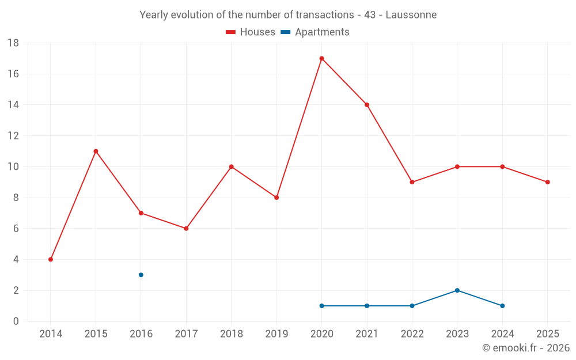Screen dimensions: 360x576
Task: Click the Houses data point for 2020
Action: [x=321, y=58]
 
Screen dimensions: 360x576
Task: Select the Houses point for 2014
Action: [x=51, y=259]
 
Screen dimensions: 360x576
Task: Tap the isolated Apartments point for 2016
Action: [x=141, y=275]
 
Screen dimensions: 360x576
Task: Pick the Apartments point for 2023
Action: [x=457, y=290]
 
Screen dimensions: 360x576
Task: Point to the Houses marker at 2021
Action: [x=367, y=105]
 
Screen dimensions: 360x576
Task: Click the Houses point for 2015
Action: [x=96, y=151]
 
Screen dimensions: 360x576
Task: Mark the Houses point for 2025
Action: [x=548, y=182]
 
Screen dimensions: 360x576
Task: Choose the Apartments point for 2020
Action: [x=321, y=306]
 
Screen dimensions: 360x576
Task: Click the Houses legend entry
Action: [x=251, y=32]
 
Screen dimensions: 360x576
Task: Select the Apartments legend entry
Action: [x=315, y=32]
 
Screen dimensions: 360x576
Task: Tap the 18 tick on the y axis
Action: [x=13, y=43]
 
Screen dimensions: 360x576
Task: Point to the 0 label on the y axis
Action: [x=16, y=321]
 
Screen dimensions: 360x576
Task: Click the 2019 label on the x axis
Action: [x=276, y=334]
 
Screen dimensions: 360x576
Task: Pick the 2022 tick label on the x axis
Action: [x=412, y=334]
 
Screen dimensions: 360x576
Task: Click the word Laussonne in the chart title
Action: [x=411, y=14]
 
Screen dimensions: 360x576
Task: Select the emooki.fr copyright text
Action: [x=526, y=348]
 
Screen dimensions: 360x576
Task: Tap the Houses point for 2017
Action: [x=186, y=228]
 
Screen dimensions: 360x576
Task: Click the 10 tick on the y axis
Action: [x=13, y=167]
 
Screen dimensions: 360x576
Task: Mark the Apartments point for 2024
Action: [x=502, y=306]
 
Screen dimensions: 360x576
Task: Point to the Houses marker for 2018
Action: [x=232, y=166]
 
